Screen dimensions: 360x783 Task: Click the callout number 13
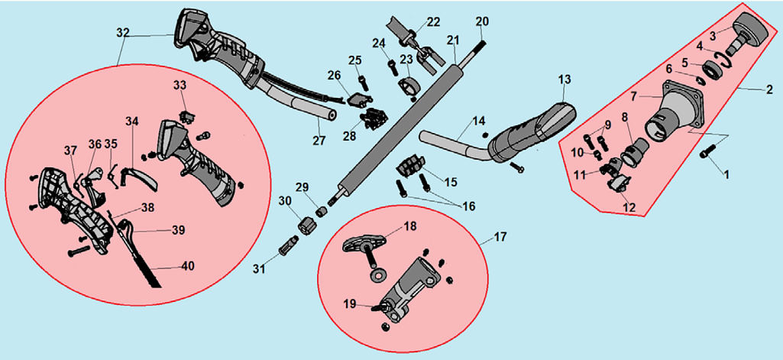(x=565, y=79)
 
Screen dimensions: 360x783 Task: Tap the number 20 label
(x=481, y=21)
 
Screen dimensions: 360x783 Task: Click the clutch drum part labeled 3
(x=749, y=34)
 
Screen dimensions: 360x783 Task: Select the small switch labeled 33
(x=185, y=117)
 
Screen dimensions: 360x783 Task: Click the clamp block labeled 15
(x=410, y=164)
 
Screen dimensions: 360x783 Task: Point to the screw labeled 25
(x=361, y=79)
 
